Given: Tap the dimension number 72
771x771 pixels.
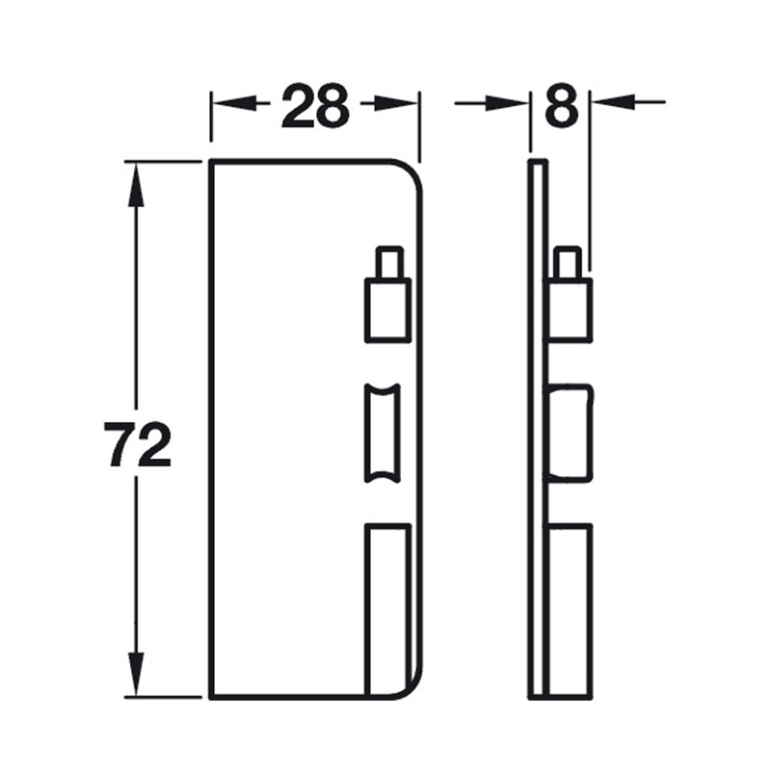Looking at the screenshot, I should pos(139,444).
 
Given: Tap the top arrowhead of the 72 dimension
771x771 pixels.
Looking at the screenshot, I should pos(136,178).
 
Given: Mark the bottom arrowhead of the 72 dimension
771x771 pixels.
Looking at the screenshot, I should pos(136,678).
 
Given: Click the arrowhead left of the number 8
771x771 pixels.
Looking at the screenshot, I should pos(516,101).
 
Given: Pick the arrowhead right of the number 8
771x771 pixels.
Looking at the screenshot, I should pos(607,101).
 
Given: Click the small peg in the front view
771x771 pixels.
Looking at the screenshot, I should pos(388,262).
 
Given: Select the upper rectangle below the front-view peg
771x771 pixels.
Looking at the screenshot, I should pos(387,309).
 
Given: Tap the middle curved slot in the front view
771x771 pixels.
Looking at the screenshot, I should pos(380,433).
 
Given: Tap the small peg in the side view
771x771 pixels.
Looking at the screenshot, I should pos(567,262).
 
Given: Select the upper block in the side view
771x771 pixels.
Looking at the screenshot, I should pos(570,309).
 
